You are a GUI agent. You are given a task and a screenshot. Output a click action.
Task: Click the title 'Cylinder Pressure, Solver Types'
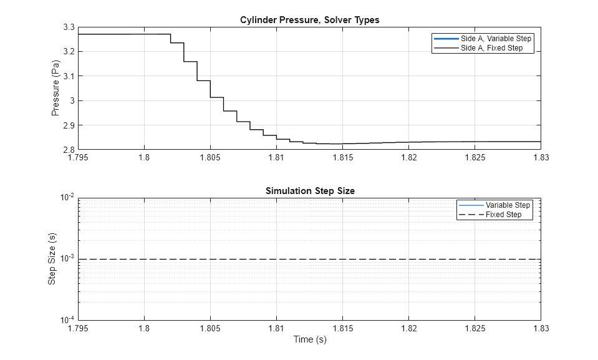pos(310,20)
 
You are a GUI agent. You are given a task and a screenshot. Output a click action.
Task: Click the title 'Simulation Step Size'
pos(310,191)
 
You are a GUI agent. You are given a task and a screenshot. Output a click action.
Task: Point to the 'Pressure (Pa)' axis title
pos(55,88)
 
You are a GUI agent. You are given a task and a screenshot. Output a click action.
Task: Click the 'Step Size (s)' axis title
pos(52,259)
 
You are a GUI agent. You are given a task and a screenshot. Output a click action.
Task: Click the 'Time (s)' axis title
pos(310,340)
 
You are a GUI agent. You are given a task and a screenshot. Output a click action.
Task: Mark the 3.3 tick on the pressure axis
pos(69,27)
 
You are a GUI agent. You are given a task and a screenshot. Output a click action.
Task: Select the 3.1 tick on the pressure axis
pos(69,76)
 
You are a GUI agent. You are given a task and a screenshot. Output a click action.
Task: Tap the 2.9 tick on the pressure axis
pos(69,125)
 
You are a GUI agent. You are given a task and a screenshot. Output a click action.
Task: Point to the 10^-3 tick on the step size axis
pos(67,259)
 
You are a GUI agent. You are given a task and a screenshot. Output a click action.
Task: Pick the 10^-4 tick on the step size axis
pos(67,320)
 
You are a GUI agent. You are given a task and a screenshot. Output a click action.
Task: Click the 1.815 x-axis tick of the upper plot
pos(342,158)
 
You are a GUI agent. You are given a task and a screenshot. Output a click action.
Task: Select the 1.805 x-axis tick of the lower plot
pos(210,328)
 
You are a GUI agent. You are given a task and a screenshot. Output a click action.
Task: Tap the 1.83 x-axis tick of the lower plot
pos(541,328)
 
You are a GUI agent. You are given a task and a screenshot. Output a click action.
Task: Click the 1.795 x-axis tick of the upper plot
pos(78,158)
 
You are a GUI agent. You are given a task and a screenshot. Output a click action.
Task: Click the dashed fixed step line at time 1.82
pos(408,259)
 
